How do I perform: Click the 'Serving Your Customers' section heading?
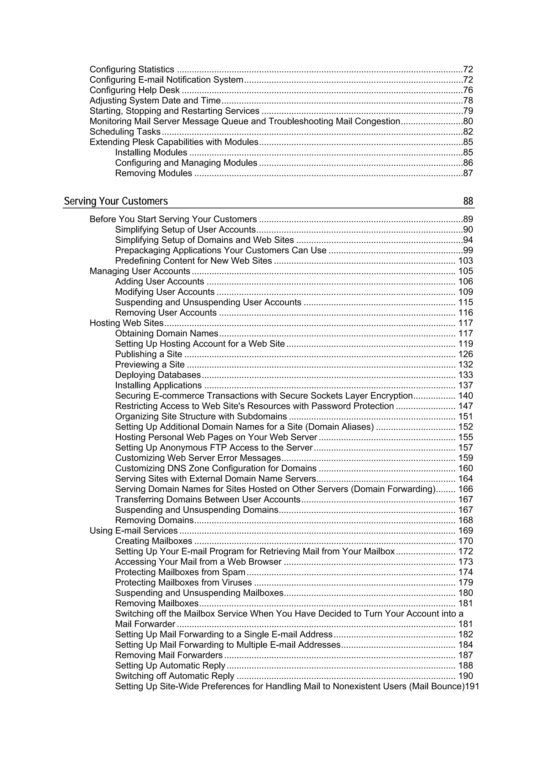coord(116,201)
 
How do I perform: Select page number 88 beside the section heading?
coord(468,201)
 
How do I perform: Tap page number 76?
coord(468,90)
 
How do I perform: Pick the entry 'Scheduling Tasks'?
coord(125,132)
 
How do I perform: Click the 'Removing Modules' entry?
coord(154,173)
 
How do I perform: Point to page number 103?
coord(465,261)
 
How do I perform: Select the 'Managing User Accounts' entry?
coord(140,271)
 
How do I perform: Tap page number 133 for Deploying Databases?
coord(465,375)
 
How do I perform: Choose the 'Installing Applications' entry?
coord(158,385)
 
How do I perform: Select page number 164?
coord(465,479)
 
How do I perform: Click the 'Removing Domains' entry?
coord(154,520)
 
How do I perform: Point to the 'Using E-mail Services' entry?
coord(133,531)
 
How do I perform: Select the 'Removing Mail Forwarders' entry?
coord(169,655)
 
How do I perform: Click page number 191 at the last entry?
coord(472,686)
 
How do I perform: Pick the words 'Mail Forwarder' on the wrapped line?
coord(145,624)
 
